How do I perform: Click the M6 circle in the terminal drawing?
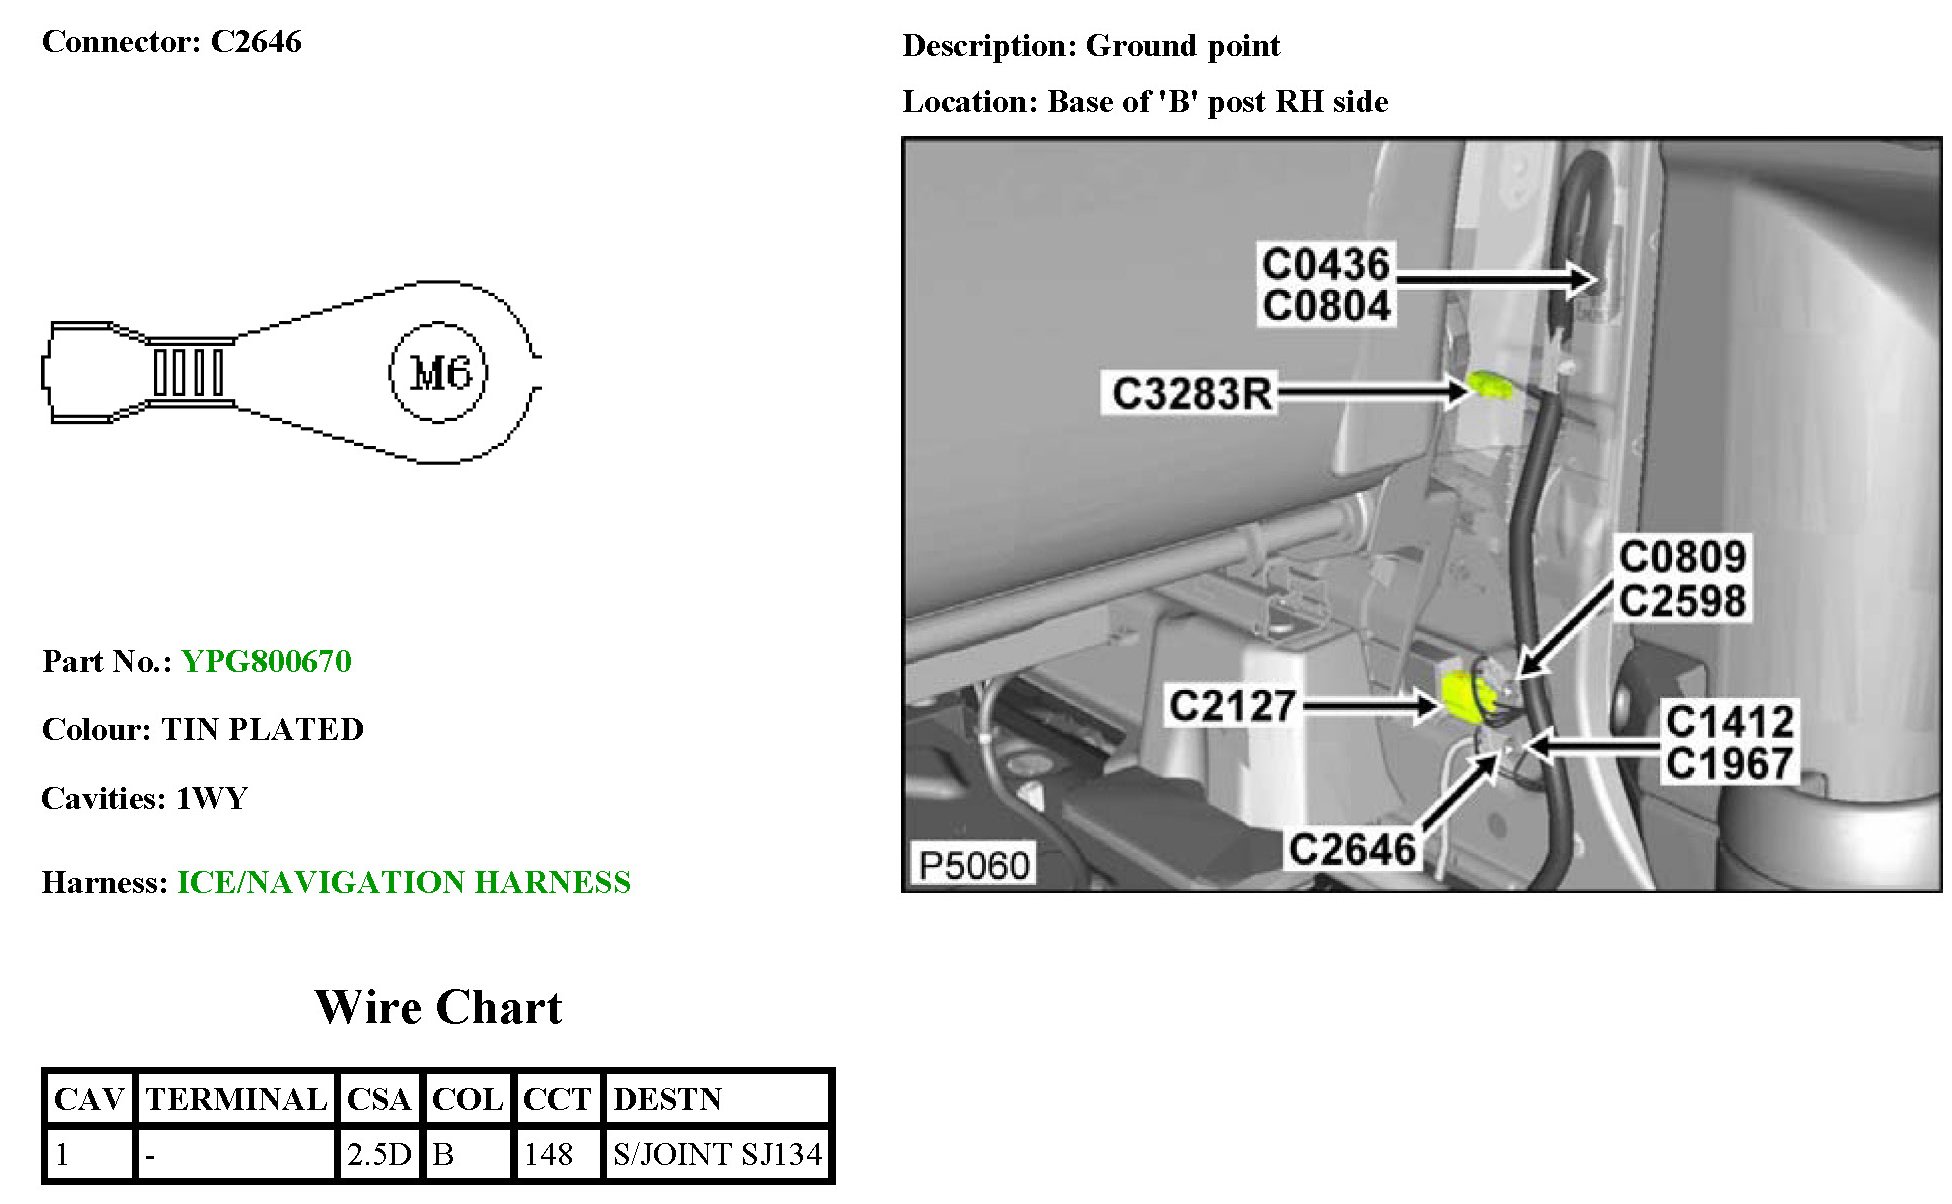point(438,373)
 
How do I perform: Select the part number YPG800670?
point(266,661)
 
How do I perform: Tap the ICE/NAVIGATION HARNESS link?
point(404,882)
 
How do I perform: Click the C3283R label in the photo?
point(1192,393)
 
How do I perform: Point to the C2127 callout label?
point(1232,706)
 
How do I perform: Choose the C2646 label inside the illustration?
point(1352,849)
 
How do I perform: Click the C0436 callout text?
point(1326,264)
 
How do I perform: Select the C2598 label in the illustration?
point(1682,601)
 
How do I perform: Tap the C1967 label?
point(1729,764)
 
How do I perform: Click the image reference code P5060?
point(973,865)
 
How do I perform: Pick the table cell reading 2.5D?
point(379,1155)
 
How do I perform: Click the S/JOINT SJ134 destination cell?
point(717,1155)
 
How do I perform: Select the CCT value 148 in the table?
point(548,1155)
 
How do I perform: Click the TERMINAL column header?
point(236,1099)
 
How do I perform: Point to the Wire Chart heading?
point(438,1007)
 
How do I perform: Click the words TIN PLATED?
point(262,729)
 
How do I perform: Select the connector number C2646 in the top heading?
point(256,42)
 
